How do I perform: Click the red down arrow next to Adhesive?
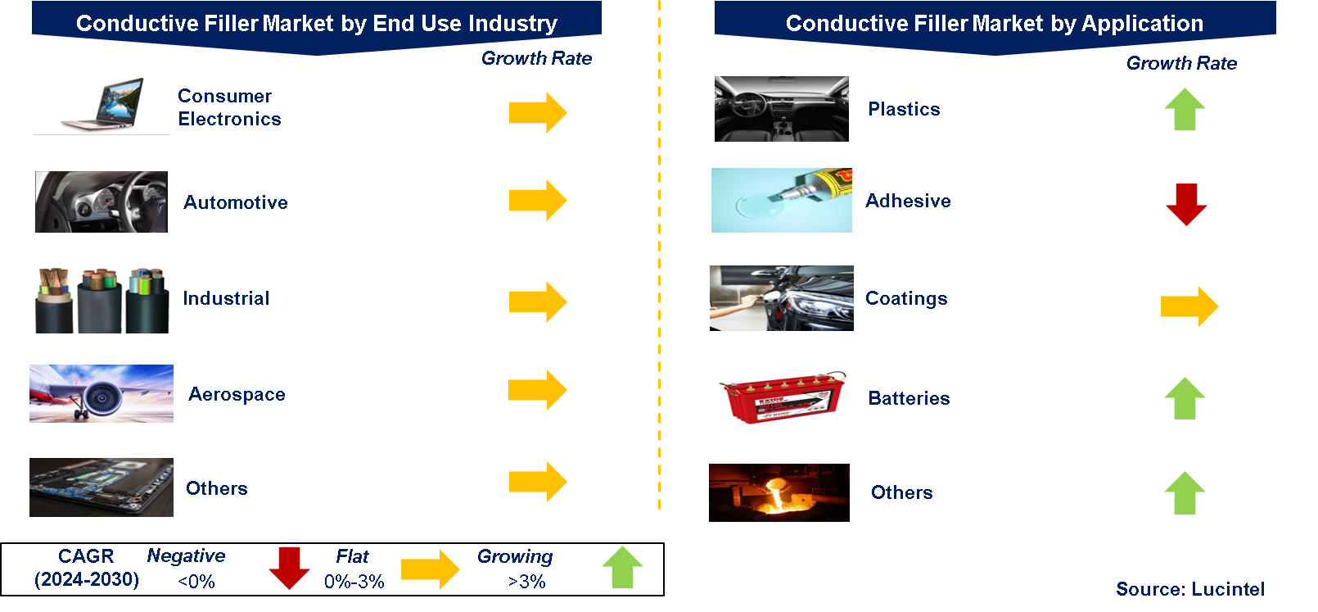click(1186, 204)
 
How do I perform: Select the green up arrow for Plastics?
click(1185, 109)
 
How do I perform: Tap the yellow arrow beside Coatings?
click(1189, 306)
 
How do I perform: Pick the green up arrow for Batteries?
click(1185, 398)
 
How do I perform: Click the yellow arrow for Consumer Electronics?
click(537, 112)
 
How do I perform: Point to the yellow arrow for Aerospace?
click(537, 390)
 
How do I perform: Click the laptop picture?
click(102, 107)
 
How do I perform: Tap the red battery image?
click(781, 398)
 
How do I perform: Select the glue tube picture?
click(781, 201)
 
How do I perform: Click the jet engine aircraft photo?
click(102, 394)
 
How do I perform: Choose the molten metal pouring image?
click(779, 492)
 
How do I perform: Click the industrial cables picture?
click(102, 297)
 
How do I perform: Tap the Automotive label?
click(236, 202)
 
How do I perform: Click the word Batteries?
click(909, 398)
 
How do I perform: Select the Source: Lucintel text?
click(1189, 589)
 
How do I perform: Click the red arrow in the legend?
click(289, 568)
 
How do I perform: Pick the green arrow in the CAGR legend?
click(622, 567)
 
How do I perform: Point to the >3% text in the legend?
click(526, 582)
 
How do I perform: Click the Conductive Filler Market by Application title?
click(994, 24)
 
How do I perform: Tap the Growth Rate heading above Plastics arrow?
click(1181, 63)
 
